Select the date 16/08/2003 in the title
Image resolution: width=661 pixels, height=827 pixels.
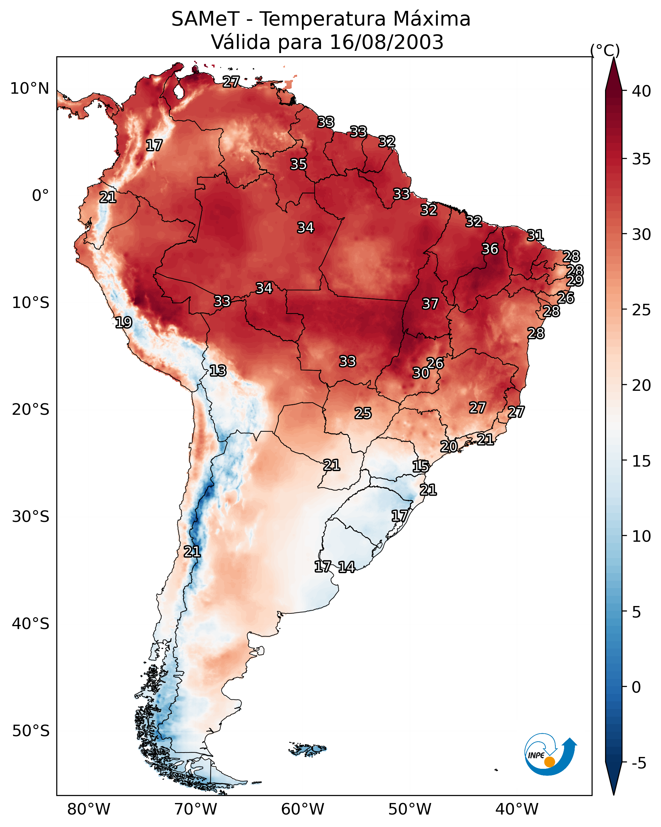coord(386,42)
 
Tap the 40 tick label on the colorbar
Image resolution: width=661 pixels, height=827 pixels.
coord(641,91)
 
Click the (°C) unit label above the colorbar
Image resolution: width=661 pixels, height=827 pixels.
coord(605,50)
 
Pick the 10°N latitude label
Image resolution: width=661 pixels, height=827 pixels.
coord(29,89)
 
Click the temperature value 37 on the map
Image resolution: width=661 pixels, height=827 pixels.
coord(430,304)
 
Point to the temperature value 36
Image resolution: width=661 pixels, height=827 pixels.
coord(490,249)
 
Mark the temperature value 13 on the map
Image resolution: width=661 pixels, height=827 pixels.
coord(218,371)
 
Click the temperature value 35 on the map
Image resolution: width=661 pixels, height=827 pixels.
coord(298,164)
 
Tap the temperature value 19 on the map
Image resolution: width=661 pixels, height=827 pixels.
coord(123,322)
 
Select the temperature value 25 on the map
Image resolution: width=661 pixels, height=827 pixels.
coord(363,413)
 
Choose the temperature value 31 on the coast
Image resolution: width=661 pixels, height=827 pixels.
coord(535,235)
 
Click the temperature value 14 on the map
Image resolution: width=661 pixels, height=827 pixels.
coord(346,567)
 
